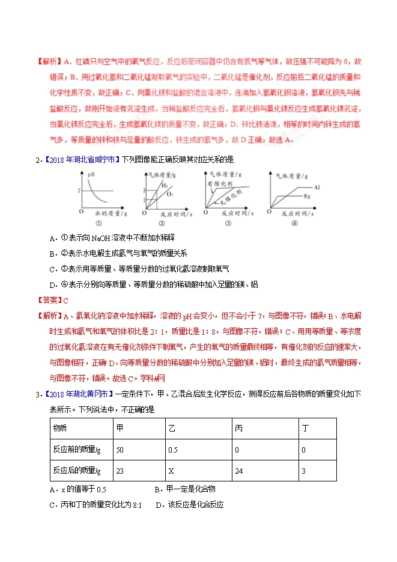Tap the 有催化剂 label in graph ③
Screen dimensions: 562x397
[x=219, y=183]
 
